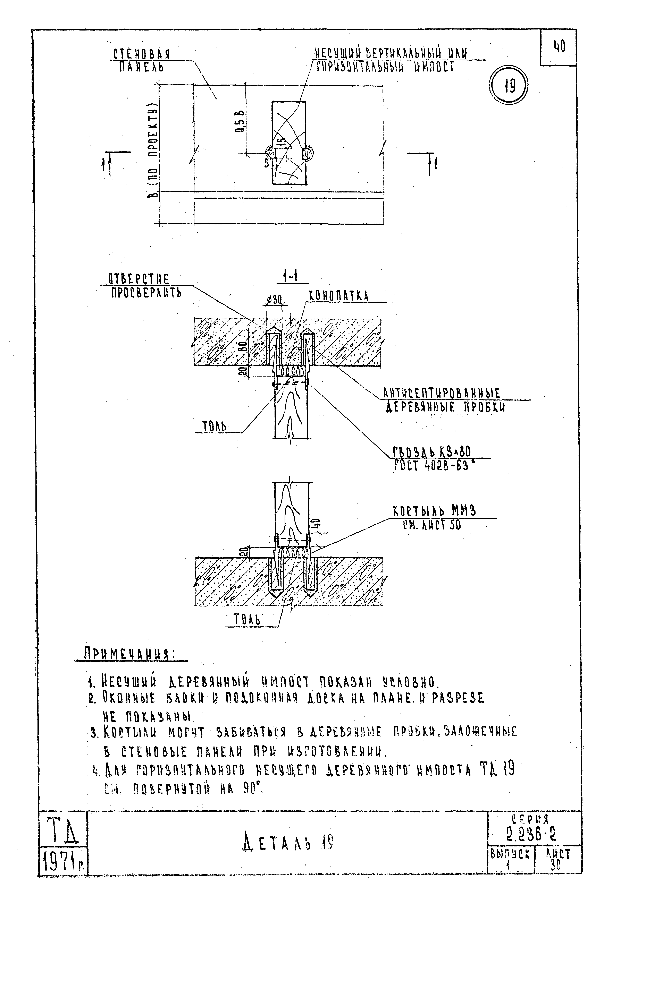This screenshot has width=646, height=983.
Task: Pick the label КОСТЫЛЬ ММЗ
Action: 434,511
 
